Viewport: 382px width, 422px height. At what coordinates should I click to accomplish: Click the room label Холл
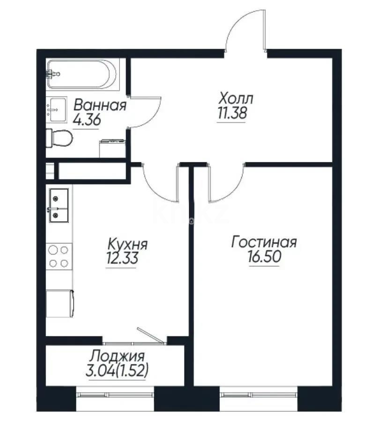pos(236,99)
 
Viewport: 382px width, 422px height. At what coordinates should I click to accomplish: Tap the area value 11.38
pos(232,113)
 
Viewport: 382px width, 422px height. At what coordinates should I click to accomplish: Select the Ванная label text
pos(100,105)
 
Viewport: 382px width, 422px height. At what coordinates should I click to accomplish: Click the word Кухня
pos(127,244)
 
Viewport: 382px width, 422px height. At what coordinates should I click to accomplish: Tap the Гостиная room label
pos(264,242)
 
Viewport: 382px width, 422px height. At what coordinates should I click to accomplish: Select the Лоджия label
pos(118,356)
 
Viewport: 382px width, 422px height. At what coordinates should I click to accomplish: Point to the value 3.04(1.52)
pos(118,370)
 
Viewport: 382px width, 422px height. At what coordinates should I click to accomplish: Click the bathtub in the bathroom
pos(82,74)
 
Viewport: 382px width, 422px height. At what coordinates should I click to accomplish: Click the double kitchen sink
pos(58,204)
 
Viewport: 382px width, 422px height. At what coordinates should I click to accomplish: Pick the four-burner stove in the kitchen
pos(58,256)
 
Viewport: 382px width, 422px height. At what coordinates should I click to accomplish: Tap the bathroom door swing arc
pos(146,112)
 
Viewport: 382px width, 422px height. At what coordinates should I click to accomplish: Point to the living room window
pos(258,394)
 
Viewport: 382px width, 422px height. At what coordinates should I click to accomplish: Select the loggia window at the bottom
pos(115,394)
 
